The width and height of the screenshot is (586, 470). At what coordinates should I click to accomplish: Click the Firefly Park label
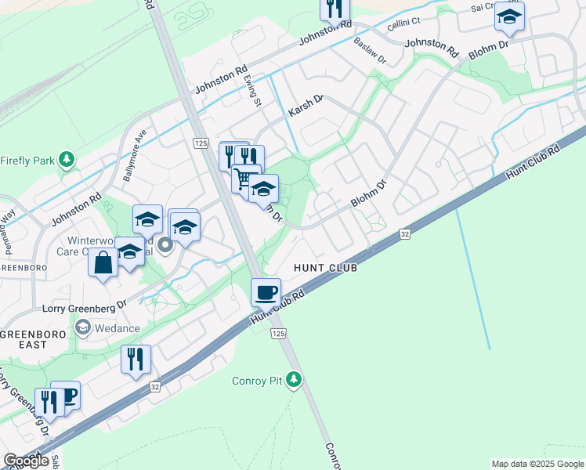[x=27, y=161]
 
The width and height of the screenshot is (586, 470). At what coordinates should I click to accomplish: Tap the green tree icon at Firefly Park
[x=67, y=161]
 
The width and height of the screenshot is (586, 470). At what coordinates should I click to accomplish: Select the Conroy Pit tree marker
[x=294, y=381]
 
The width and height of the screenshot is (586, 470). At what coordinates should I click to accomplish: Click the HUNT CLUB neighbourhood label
[x=325, y=268]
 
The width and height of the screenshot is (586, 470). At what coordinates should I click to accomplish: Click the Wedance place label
[x=118, y=328]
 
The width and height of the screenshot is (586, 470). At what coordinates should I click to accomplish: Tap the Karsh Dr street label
[x=306, y=107]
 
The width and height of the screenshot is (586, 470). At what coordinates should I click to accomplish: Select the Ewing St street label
[x=251, y=86]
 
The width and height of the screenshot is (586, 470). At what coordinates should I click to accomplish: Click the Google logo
[x=26, y=461]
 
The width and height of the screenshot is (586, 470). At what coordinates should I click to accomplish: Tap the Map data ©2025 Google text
[x=537, y=464]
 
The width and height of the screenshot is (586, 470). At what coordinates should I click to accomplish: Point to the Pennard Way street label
[x=10, y=233]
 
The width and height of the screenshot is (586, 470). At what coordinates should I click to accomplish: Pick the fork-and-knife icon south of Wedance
[x=136, y=360]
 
